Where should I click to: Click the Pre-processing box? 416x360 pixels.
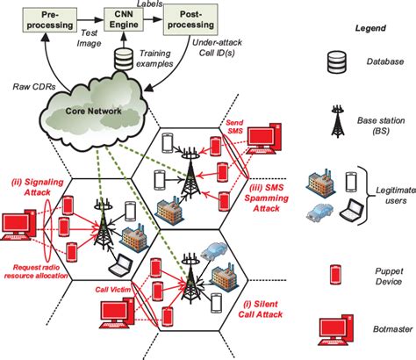[45, 18]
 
